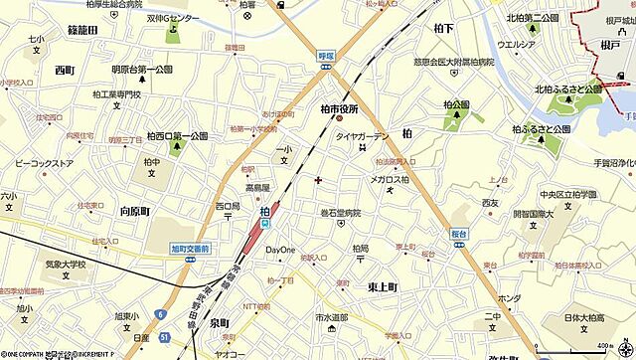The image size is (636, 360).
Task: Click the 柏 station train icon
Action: pos(265,225)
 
